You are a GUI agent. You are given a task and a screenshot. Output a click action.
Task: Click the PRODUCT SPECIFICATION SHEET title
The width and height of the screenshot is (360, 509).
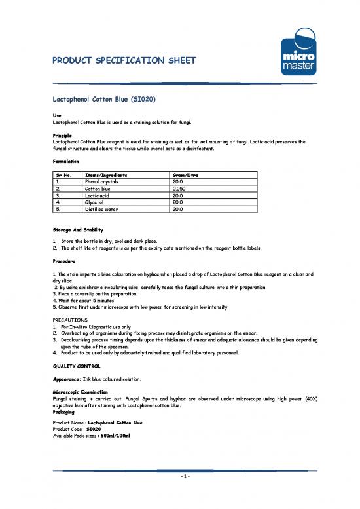pyautogui.click(x=123, y=62)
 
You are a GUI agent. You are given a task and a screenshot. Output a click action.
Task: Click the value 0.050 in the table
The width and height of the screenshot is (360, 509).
pyautogui.click(x=178, y=188)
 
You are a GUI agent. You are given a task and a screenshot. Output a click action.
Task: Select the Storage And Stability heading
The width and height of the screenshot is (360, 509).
pyautogui.click(x=75, y=231)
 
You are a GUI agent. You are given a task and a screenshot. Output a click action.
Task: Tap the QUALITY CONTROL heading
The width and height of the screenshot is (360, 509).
pyautogui.click(x=77, y=364)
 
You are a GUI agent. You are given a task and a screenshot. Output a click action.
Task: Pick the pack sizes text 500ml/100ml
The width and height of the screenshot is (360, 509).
pyautogui.click(x=115, y=436)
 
